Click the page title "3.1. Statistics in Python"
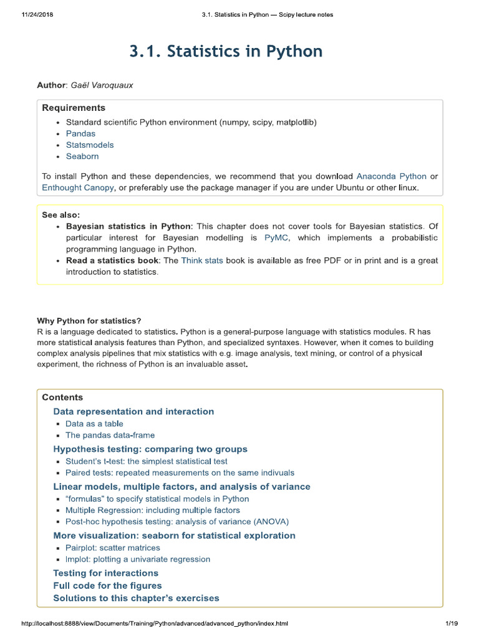226,51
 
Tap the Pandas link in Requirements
80,133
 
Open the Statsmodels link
90,145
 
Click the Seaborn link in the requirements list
82,156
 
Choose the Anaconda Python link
391,176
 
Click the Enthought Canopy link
78,188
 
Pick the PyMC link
276,238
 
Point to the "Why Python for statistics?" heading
89,320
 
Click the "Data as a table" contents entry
94,424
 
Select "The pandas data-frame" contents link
110,435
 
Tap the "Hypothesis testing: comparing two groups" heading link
150,449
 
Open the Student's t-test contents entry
146,461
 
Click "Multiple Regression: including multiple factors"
152,510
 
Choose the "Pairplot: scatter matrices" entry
112,548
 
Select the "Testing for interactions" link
105,573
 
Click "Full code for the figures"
107,585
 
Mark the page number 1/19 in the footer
452,623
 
